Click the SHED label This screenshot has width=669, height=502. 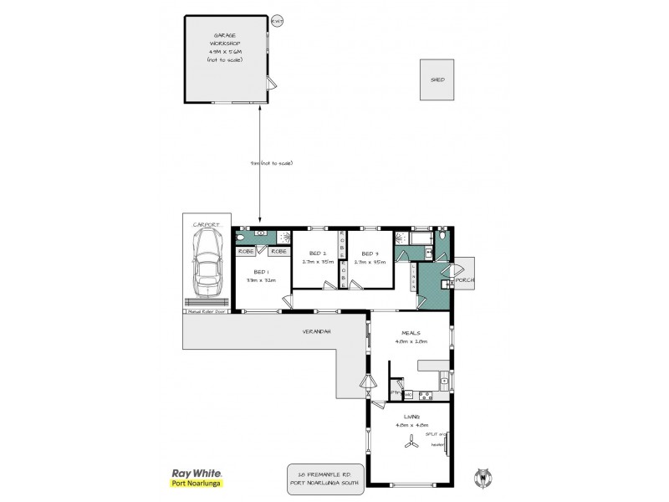(437, 79)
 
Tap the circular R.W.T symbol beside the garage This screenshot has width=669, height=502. (277, 20)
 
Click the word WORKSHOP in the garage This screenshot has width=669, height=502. (225, 43)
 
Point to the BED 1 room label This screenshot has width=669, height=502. (262, 272)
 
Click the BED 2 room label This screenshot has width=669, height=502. (317, 253)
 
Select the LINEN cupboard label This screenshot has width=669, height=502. (412, 275)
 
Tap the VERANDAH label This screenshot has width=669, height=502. (317, 332)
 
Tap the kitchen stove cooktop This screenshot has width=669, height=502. (424, 392)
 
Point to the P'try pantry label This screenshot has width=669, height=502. (396, 392)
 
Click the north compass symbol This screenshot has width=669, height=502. (481, 478)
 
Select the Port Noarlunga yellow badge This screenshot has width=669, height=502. (196, 484)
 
